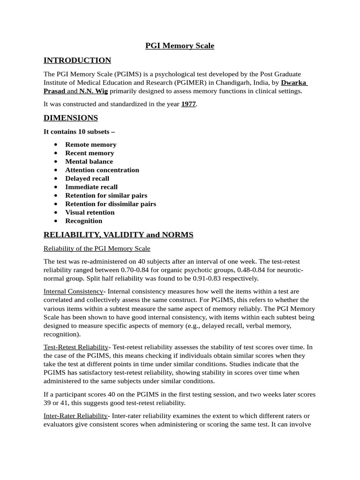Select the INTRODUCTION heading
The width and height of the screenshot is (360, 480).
point(77,60)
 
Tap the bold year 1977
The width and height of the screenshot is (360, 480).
point(188,104)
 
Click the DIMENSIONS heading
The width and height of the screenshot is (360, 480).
point(71,118)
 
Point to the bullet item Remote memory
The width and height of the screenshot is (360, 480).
point(91,144)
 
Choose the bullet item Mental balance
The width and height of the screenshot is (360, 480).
point(89,161)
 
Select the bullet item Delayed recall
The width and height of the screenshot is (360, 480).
point(87,178)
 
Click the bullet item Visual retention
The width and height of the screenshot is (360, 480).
point(90,212)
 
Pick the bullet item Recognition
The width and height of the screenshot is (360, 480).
point(83,220)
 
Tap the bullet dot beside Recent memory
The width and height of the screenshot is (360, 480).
point(56,153)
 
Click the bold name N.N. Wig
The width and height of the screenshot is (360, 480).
point(93,91)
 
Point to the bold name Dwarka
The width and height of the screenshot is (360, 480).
point(293,82)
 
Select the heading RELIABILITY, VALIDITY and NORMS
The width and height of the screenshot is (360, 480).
point(118,234)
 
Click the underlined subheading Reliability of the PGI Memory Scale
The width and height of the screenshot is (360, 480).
point(97,248)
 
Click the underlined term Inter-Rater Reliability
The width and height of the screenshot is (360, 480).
point(76,416)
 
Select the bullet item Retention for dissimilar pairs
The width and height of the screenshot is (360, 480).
point(111,203)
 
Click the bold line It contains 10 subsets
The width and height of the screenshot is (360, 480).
point(79,131)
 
